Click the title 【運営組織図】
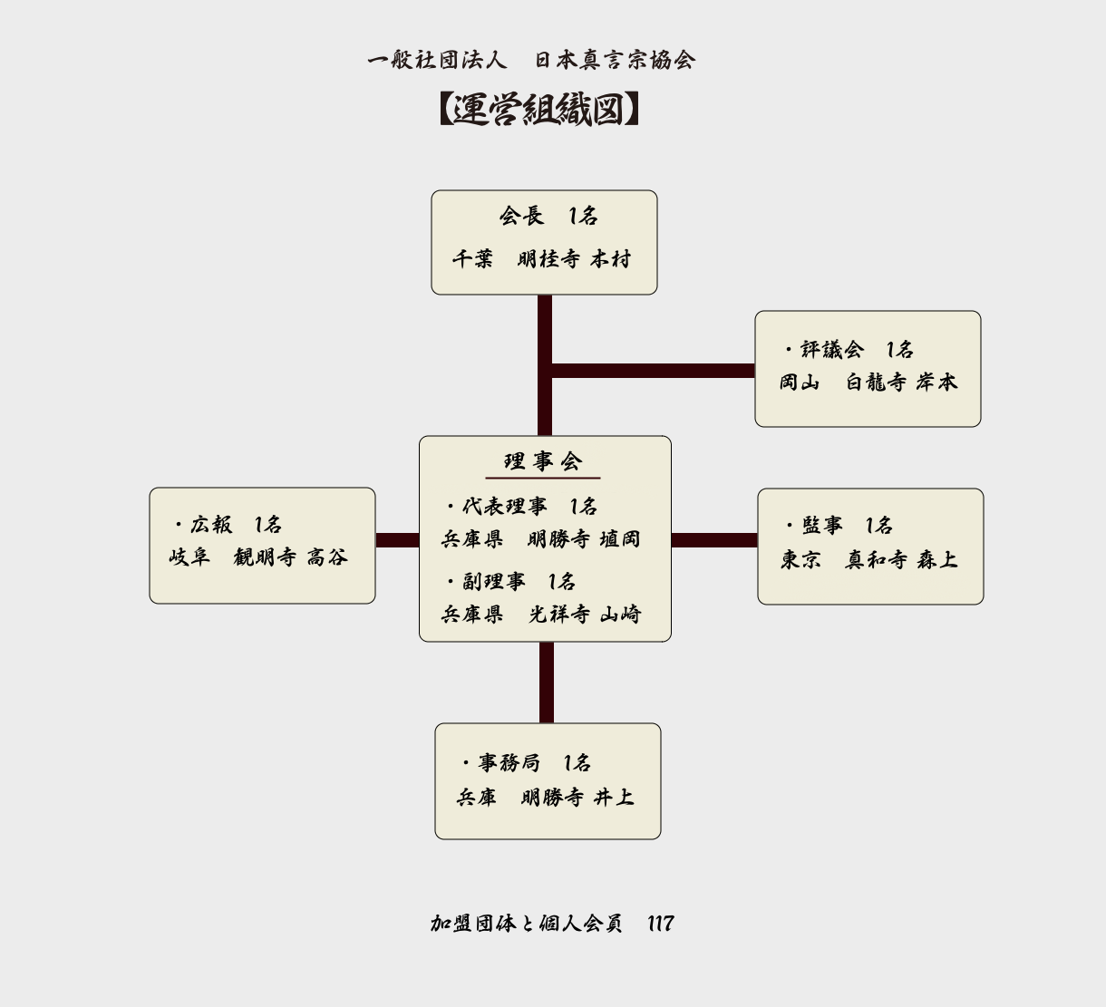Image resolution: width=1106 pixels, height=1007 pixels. tap(539, 110)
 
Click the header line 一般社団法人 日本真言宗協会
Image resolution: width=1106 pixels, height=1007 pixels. tap(531, 61)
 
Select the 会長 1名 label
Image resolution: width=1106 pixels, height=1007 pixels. tap(548, 217)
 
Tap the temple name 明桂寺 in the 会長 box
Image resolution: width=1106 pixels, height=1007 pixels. tap(548, 259)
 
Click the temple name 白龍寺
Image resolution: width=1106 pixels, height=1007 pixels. tap(875, 382)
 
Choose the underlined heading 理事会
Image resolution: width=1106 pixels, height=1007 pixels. tap(543, 462)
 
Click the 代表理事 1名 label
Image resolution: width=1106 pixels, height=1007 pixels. tap(522, 507)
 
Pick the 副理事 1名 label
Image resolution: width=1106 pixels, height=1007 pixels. tap(511, 582)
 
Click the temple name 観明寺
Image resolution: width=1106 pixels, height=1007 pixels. tap(264, 557)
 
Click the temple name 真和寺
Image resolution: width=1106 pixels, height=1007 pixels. tap(876, 560)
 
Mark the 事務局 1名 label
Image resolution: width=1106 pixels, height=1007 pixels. tap(527, 763)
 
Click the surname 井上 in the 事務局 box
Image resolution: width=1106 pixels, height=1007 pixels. tap(614, 798)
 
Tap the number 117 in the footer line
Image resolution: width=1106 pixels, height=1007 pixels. tap(660, 924)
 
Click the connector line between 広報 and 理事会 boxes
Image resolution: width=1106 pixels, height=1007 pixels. tap(397, 541)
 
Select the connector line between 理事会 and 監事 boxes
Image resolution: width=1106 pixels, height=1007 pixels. tap(714, 541)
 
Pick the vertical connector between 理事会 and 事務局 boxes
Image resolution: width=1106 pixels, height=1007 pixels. tap(546, 683)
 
